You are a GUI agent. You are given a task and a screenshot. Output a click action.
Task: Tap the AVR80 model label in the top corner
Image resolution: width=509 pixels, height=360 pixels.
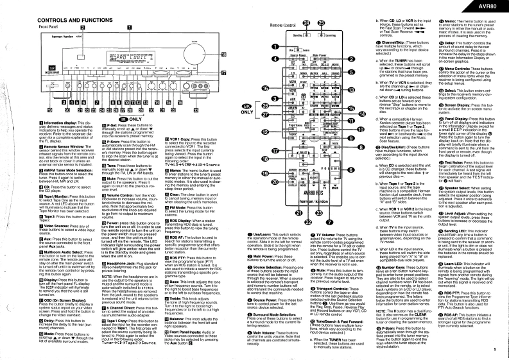[491, 4]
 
